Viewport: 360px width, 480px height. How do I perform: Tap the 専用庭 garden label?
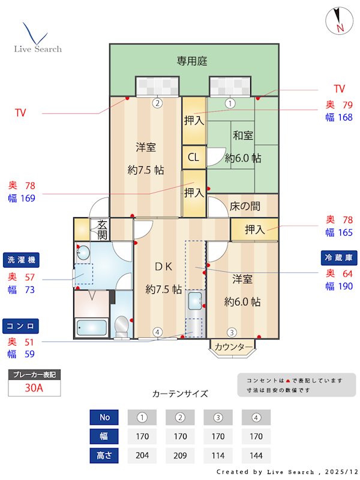pos(191,61)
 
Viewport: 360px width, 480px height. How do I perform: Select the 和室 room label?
pos(242,136)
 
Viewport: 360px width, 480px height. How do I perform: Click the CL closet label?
pos(193,158)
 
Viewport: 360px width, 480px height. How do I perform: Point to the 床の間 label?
pos(245,206)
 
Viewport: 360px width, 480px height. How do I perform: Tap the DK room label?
pos(163,266)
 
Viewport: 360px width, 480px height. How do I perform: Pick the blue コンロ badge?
pos(21,325)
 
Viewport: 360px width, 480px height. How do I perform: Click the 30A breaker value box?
pos(34,388)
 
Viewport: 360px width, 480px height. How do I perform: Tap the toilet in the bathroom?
pos(121,326)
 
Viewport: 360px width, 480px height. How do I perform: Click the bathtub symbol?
pos(92,328)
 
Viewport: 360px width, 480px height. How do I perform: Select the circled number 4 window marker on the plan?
pos(157,332)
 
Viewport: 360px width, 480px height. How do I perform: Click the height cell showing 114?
pos(218,455)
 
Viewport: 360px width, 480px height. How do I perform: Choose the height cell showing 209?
pos(180,455)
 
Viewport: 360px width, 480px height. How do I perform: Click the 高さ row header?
pos(104,455)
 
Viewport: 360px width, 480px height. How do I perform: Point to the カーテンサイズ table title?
pos(180,394)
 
